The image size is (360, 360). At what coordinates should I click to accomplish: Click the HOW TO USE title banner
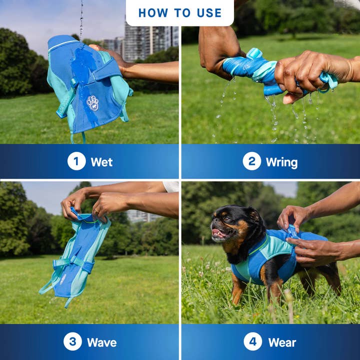179,12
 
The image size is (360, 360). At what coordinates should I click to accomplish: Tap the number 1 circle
76,161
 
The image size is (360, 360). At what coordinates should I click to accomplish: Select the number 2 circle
251,161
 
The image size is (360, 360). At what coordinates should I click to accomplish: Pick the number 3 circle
72,341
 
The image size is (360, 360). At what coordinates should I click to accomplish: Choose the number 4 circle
252,341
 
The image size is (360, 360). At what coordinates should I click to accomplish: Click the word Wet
101,162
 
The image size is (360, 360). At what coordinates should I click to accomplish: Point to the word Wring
281,162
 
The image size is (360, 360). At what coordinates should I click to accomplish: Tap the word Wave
101,342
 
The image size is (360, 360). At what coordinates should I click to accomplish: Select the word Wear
282,342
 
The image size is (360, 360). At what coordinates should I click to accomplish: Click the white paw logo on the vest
92,102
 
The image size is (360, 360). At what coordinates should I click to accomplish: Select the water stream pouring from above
81,17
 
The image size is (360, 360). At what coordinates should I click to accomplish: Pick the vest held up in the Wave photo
75,260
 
